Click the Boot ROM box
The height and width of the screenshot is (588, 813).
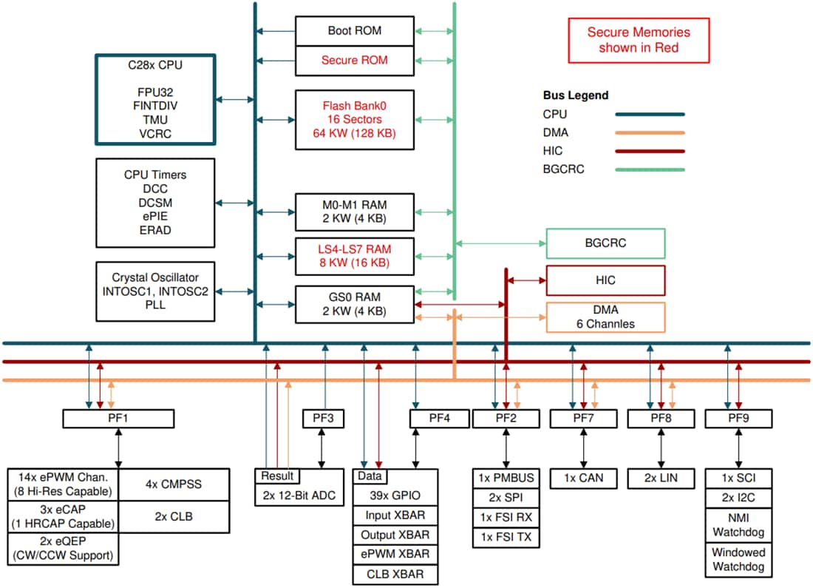point(355,31)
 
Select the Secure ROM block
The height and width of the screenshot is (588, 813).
point(355,61)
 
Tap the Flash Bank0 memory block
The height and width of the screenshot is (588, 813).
point(355,118)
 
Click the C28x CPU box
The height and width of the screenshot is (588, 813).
point(155,100)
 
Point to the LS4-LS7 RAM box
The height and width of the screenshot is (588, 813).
point(355,255)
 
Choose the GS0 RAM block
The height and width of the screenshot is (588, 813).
point(355,304)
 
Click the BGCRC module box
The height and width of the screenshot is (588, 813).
point(605,243)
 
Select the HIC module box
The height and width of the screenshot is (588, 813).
point(605,280)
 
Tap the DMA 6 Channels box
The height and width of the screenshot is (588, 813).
point(605,317)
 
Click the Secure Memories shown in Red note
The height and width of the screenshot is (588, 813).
point(639,40)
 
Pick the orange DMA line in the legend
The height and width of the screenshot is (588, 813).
point(650,133)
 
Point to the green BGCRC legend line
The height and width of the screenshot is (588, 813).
point(650,169)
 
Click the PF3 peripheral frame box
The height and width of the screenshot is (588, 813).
point(324,419)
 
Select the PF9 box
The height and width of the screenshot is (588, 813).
point(738,419)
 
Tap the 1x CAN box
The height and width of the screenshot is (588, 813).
point(583,479)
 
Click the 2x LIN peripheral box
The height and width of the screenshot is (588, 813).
point(661,479)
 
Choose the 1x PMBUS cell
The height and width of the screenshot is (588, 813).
point(506,478)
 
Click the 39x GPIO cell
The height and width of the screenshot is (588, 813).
point(395,496)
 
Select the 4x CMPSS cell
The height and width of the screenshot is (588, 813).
point(174,485)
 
